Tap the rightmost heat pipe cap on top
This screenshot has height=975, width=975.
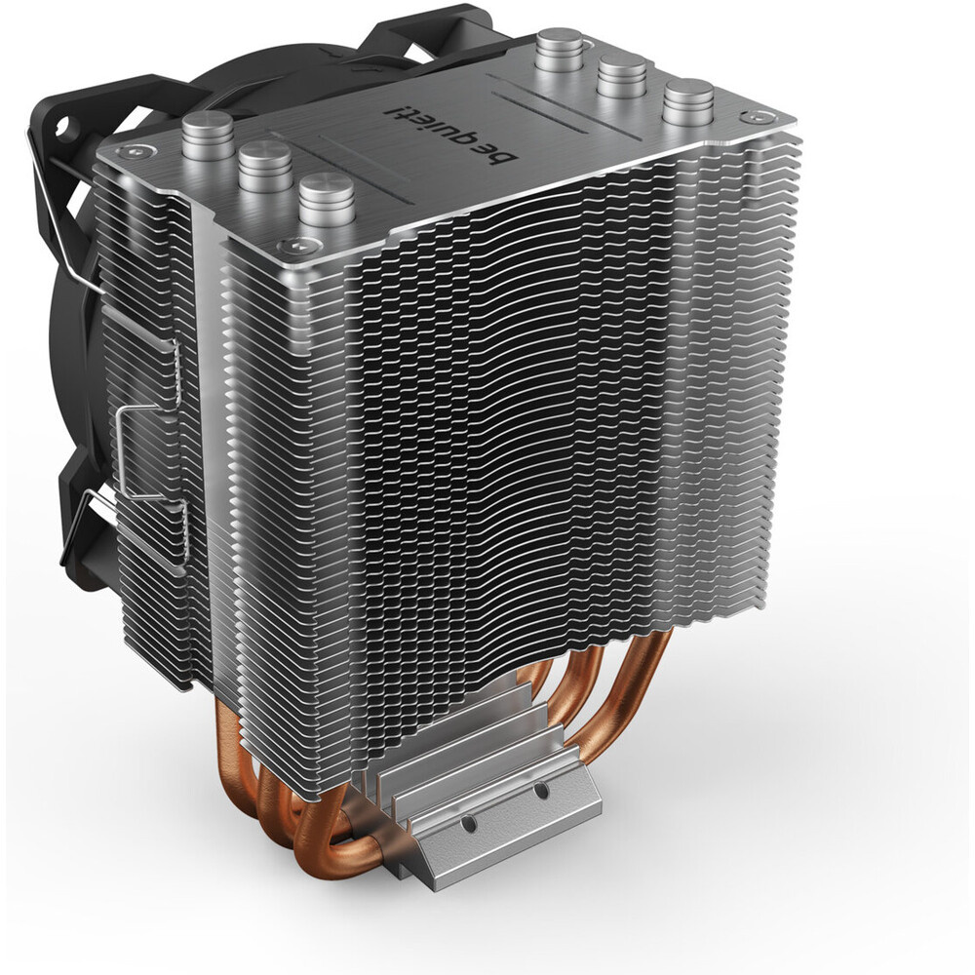pyautogui.click(x=687, y=100)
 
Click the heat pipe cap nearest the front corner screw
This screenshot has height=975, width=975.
pyautogui.click(x=326, y=200)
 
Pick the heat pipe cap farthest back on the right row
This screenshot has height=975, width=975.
pyautogui.click(x=560, y=49)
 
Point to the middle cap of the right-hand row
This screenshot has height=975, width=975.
pyautogui.click(x=622, y=74)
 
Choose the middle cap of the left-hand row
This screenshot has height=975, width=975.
pyautogui.click(x=265, y=166)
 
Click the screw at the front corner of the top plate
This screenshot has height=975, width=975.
pyautogui.click(x=291, y=246)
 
